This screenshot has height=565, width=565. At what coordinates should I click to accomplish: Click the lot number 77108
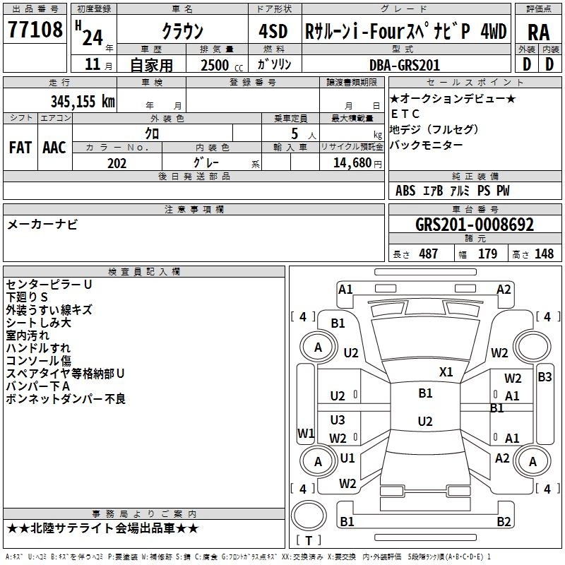coord(35,30)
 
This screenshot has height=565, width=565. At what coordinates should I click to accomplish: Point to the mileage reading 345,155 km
coord(83,102)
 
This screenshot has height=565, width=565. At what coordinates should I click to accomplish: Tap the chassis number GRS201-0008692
coord(474,225)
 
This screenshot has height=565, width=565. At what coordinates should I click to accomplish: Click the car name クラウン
coord(182,31)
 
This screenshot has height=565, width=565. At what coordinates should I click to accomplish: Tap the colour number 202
coord(117,163)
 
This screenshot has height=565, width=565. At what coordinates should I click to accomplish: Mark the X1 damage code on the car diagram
coord(446,371)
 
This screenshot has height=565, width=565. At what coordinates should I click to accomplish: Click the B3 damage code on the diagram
coord(545,377)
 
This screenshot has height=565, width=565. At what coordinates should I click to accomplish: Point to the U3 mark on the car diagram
coord(338,420)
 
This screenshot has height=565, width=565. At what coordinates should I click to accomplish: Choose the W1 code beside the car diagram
coord(305,433)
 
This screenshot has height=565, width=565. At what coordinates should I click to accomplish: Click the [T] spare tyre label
coord(309,541)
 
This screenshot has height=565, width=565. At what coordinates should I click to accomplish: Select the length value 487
coord(428,254)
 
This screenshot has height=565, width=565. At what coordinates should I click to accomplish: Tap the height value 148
coord(544,254)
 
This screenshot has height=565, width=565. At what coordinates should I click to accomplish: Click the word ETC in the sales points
coord(405,114)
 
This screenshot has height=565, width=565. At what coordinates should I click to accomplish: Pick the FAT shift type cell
coord(20,148)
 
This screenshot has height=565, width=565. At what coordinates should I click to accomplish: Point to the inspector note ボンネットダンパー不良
coord(66,399)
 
